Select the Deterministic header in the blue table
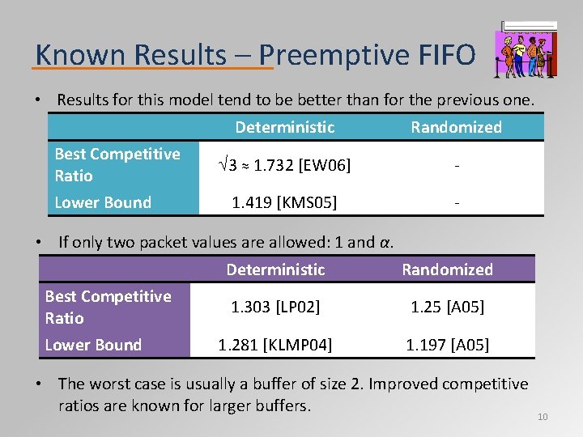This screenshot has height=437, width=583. [284, 127]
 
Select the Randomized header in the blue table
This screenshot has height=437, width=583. [456, 127]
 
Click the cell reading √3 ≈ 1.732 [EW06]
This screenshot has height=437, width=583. [284, 166]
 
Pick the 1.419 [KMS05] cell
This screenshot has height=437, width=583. [284, 202]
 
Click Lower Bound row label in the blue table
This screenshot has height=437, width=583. [103, 202]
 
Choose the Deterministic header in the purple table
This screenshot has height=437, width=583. [275, 269]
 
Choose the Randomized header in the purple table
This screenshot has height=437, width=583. [447, 269]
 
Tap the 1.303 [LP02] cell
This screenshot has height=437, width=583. [275, 307]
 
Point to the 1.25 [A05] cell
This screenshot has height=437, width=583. [447, 307]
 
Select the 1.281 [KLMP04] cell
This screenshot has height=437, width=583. [275, 345]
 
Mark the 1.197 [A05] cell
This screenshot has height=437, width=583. [447, 345]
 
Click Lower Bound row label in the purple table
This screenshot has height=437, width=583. [93, 345]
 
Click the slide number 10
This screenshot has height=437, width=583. [543, 417]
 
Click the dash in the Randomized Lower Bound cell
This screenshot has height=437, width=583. [457, 202]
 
